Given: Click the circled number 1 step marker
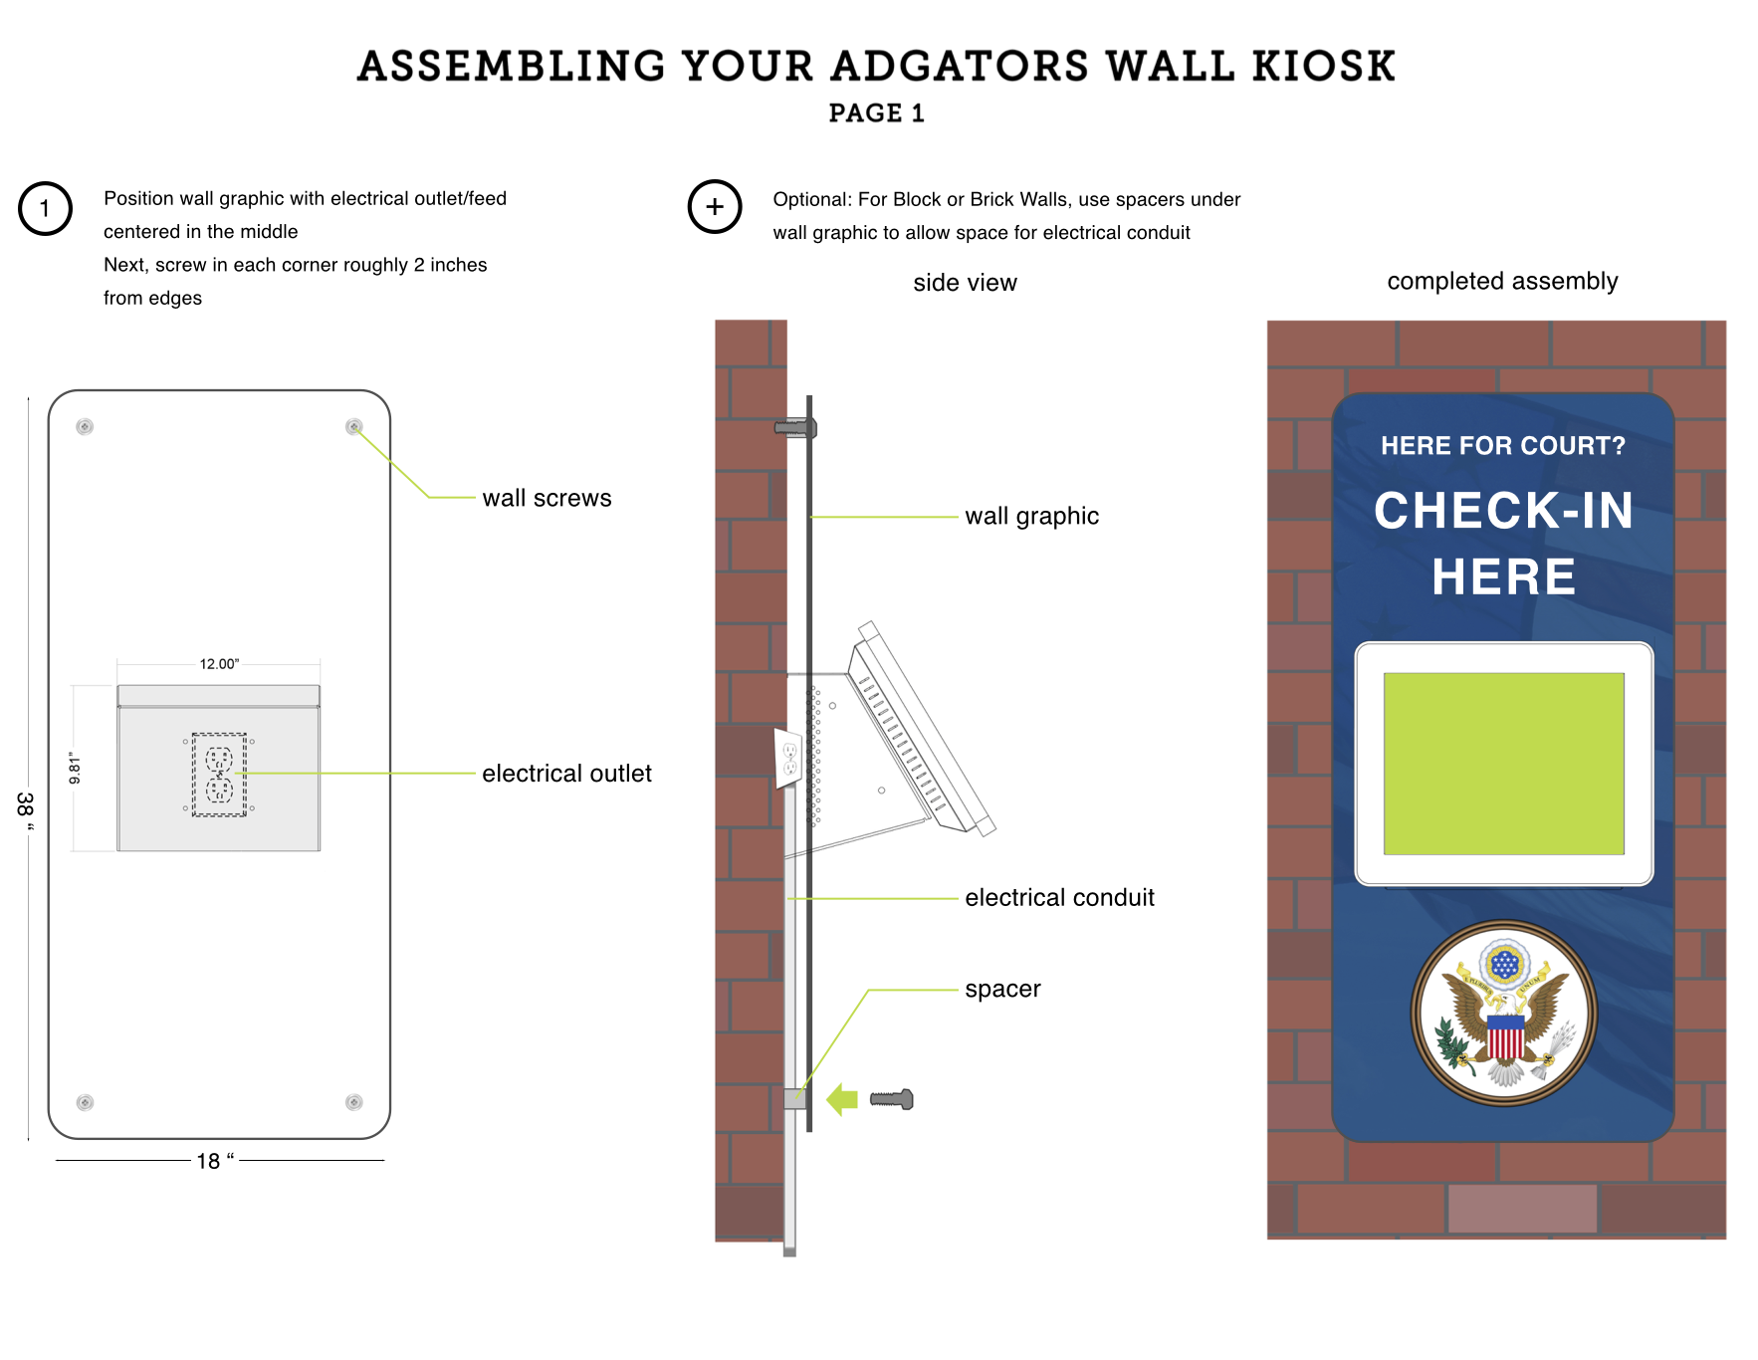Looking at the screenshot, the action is (45, 209).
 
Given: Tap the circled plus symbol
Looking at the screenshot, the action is (715, 207).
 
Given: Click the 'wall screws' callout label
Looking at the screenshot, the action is (547, 499).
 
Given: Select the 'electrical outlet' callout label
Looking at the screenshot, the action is (566, 774).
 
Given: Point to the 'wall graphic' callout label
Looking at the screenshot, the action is (1031, 517).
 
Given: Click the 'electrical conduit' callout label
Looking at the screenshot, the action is (1059, 898).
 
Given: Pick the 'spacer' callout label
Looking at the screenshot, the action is (1002, 990).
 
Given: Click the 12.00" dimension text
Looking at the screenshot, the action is (219, 664).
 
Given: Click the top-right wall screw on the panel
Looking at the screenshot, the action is (353, 427).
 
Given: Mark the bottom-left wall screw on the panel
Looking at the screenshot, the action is (86, 1102).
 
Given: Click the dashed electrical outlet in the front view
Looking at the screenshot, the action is (219, 775).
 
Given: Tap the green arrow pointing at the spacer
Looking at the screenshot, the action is (842, 1099).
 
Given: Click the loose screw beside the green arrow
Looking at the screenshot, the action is (892, 1099).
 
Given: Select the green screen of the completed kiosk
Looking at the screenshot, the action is (1503, 764).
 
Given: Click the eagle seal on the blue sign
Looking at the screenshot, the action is (1503, 1014).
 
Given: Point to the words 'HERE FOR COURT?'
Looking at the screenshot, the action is (1502, 446).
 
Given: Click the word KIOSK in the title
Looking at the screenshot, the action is (1324, 67).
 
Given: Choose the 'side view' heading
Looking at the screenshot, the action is (965, 284).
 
